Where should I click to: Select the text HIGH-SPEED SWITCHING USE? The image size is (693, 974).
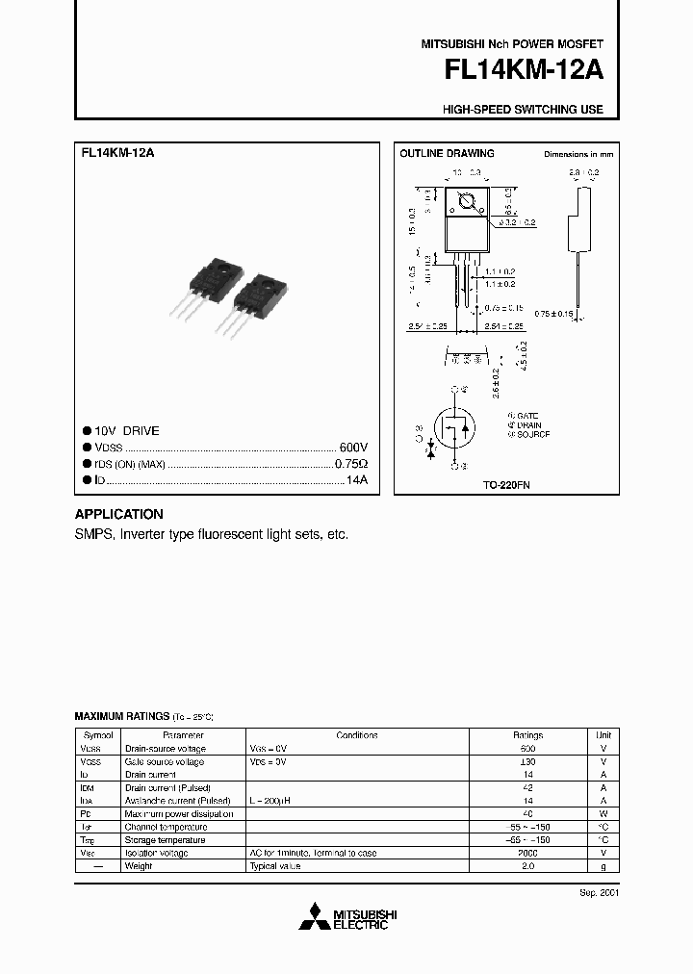pos(524,110)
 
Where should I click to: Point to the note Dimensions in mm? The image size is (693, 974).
pos(578,154)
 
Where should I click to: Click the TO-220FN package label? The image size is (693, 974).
pos(506,486)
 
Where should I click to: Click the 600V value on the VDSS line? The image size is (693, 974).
pos(353,448)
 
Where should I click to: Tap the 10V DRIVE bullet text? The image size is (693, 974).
pos(127,431)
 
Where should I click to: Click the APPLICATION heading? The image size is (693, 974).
pos(119,514)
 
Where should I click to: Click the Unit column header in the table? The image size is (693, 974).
pos(603,735)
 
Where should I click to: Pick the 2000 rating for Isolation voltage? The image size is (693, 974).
pos(527,853)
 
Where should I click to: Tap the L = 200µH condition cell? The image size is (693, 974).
pos(270,801)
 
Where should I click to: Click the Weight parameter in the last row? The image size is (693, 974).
pos(139,866)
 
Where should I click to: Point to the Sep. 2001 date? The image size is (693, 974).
pos(599,892)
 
